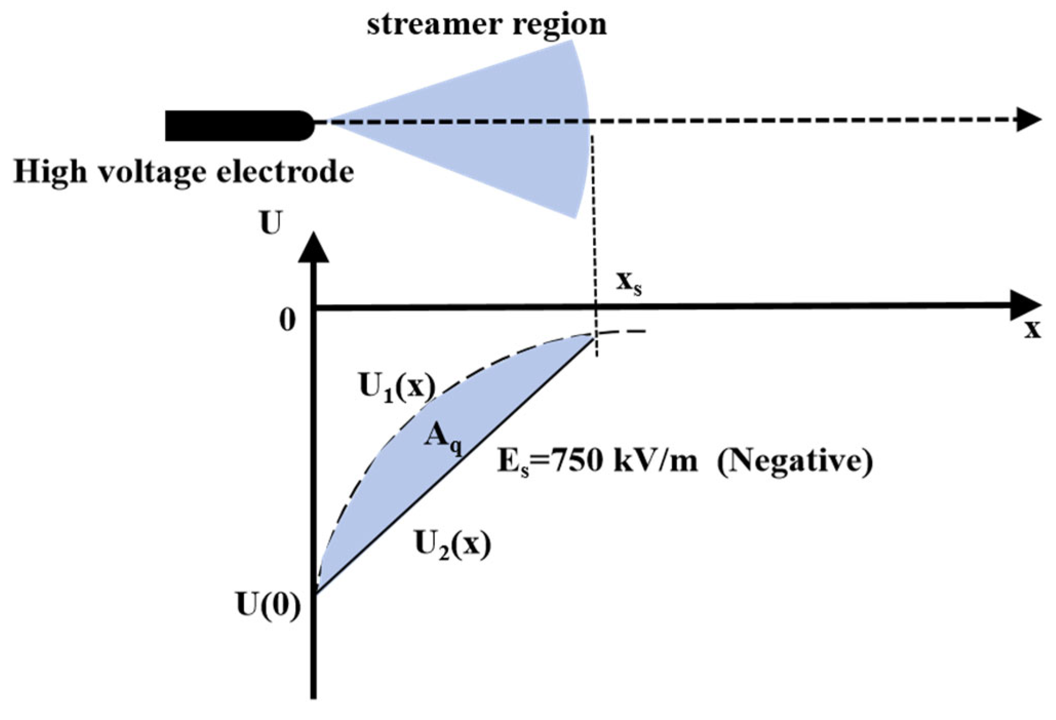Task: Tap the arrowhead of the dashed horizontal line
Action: click(1028, 119)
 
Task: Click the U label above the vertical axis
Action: click(270, 223)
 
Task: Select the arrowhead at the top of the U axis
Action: click(313, 249)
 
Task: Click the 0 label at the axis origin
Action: click(287, 320)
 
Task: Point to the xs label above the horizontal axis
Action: click(628, 283)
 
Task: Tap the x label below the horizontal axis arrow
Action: click(1032, 330)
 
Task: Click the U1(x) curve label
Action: click(397, 388)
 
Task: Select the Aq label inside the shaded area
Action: click(442, 439)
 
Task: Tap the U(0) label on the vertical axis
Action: click(268, 606)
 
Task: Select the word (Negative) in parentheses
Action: click(794, 462)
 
